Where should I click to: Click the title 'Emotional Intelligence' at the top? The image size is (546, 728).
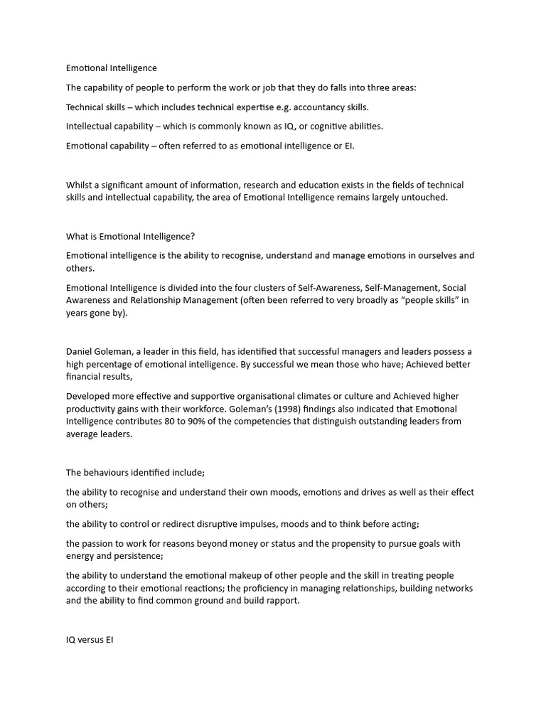pyautogui.click(x=112, y=68)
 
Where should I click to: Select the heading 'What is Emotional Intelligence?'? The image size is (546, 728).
pyautogui.click(x=130, y=236)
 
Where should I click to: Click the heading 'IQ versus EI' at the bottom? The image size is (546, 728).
pyautogui.click(x=90, y=639)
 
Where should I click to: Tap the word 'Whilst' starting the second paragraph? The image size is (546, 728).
pyautogui.click(x=79, y=185)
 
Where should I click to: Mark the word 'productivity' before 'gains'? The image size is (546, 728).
pyautogui.click(x=92, y=409)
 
